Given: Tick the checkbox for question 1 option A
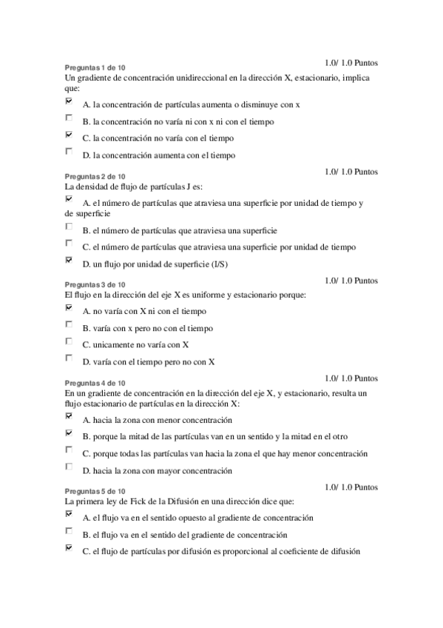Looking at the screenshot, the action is pos(69,101).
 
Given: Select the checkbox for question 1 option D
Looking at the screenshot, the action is pos(69,151).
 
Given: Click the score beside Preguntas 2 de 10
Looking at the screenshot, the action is pos(351,172).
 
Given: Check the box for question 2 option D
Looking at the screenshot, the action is pos(69,260).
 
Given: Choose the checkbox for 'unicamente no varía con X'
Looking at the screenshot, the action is pos(69,341).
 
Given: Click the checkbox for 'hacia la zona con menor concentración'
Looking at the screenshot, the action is pos(69,416).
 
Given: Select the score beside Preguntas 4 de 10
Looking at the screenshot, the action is pos(351,378).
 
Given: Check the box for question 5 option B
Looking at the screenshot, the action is pos(69,530).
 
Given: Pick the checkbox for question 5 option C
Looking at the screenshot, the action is pos(69,548).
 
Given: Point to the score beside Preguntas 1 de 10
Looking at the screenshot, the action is pos(351,63).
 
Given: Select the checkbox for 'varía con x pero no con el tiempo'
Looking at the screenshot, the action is pos(69,324).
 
